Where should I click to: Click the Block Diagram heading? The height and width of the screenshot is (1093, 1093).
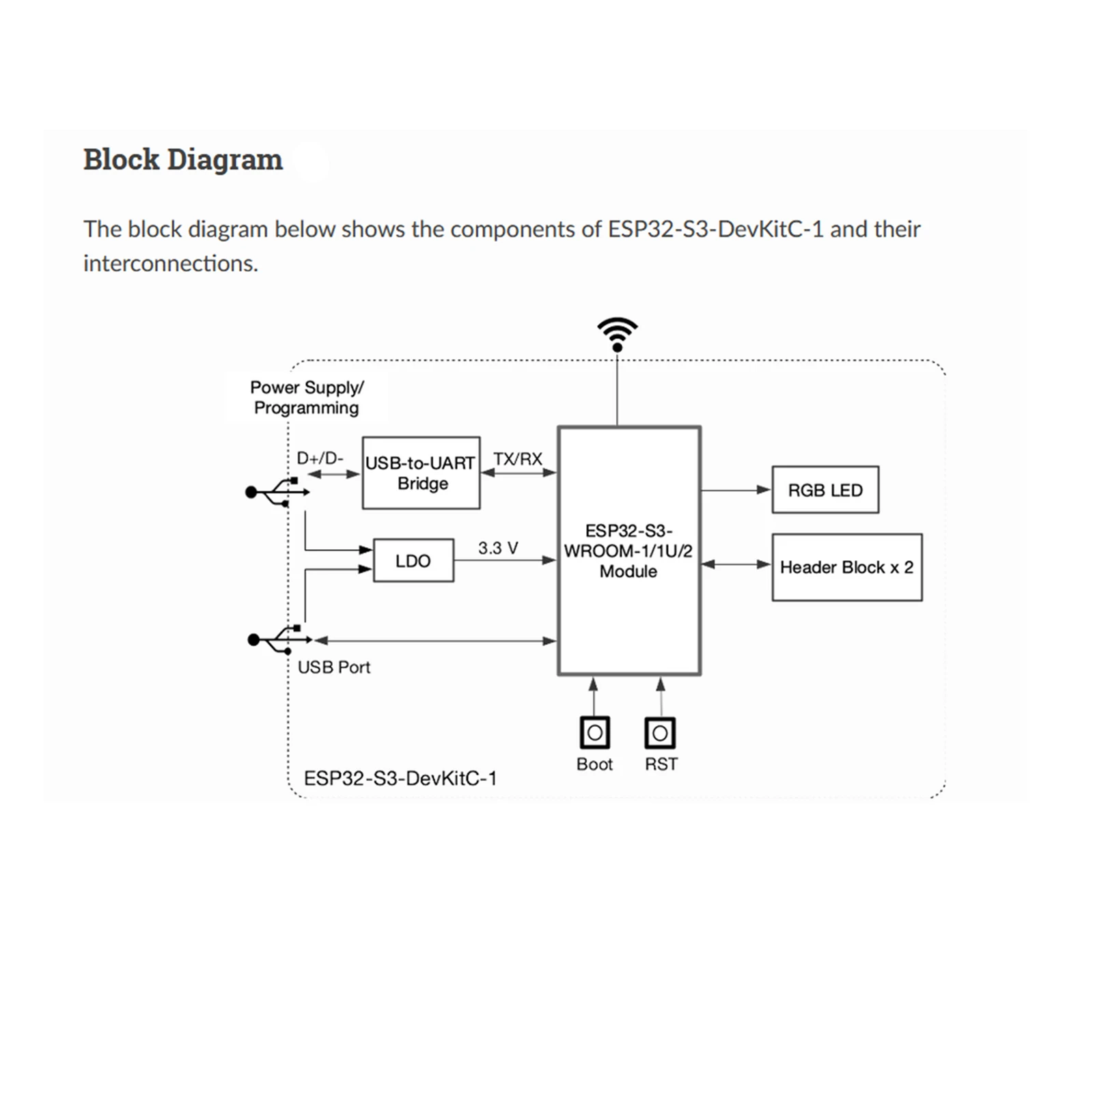[x=182, y=159]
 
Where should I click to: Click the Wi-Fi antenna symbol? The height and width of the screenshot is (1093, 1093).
[x=617, y=334]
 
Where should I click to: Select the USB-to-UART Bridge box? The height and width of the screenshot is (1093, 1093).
[x=421, y=473]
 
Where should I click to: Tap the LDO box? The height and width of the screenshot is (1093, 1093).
[x=413, y=561]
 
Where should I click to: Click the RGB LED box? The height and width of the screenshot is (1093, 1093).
[x=825, y=490]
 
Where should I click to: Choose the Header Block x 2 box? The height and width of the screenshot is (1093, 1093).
[x=846, y=567]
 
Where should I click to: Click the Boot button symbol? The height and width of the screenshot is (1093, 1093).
[x=594, y=733]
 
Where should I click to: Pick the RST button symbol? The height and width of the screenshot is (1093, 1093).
[x=660, y=733]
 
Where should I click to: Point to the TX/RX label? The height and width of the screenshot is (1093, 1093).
[x=518, y=458]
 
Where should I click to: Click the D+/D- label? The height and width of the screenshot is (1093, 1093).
[x=320, y=458]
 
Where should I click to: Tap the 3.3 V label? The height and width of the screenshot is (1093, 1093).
[x=498, y=548]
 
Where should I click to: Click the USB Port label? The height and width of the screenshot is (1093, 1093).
[x=334, y=667]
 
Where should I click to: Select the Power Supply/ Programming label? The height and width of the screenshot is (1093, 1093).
[x=307, y=398]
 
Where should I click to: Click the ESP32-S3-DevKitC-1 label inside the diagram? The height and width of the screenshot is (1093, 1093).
[x=400, y=778]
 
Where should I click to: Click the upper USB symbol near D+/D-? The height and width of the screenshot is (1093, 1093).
[x=277, y=492]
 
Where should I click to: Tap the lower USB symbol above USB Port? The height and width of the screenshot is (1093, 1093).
[x=279, y=639]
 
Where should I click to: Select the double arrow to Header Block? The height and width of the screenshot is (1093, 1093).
[x=736, y=564]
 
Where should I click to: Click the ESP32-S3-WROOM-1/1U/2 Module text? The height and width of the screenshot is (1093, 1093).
[x=628, y=551]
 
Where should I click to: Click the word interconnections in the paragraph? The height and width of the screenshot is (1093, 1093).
[x=171, y=264]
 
